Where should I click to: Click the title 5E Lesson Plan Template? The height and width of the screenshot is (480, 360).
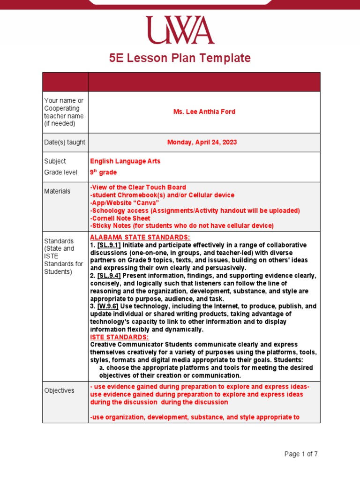click(180, 58)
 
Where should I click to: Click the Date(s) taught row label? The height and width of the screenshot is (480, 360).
click(65, 142)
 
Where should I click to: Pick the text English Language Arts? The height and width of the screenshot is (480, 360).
click(125, 161)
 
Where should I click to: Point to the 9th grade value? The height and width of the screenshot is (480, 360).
click(103, 172)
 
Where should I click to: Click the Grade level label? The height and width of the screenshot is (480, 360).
click(60, 172)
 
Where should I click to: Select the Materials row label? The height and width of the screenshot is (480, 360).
click(57, 191)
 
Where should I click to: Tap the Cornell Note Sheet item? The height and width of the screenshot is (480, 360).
click(120, 218)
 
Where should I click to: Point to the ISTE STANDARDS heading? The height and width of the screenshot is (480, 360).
click(119, 337)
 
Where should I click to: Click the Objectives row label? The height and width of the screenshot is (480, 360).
click(59, 390)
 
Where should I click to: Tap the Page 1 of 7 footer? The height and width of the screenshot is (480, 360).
click(301, 454)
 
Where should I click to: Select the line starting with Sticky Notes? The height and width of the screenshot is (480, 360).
click(181, 225)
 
